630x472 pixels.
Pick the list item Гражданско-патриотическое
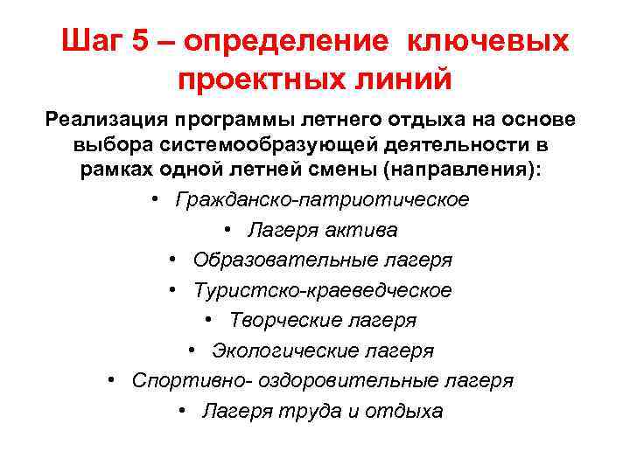click(x=322, y=200)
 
